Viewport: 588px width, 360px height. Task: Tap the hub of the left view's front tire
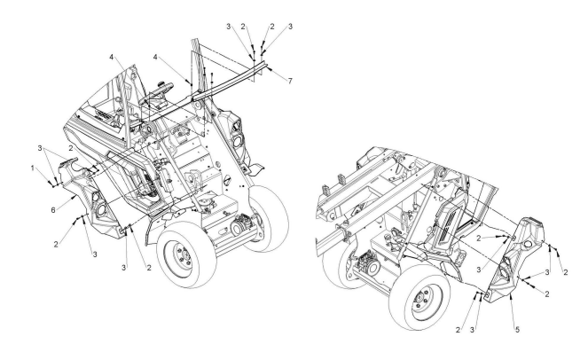184,260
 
